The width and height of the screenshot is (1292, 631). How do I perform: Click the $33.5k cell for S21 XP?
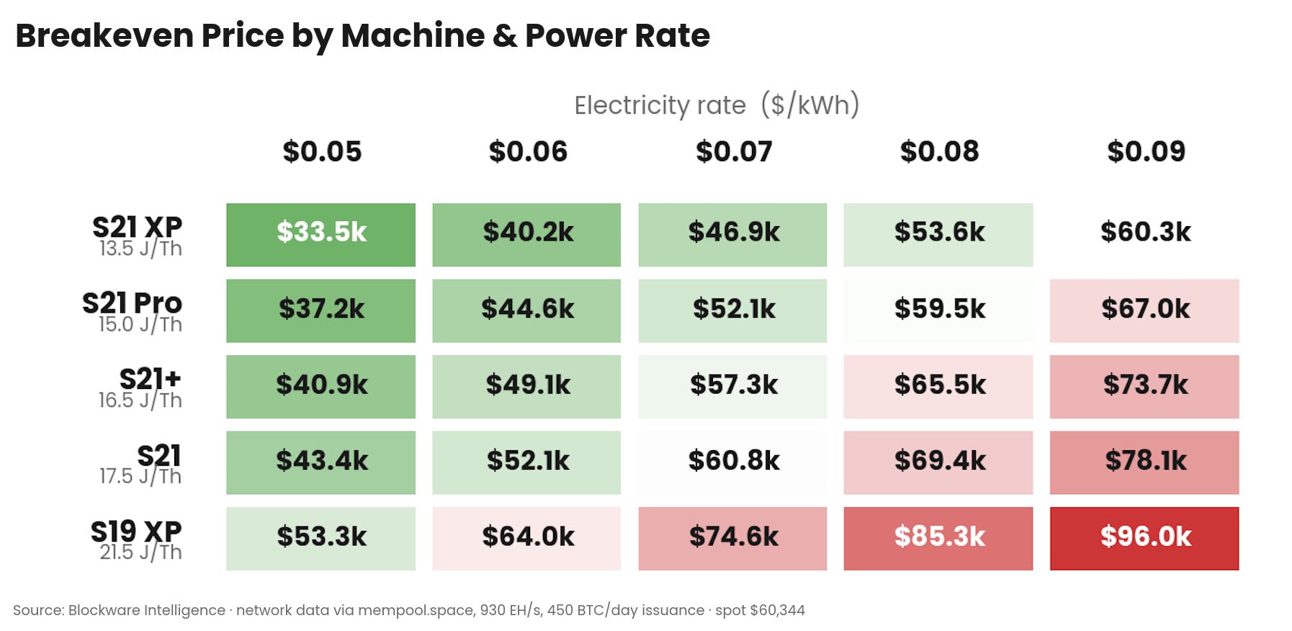(320, 235)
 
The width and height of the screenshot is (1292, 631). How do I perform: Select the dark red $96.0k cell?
(1144, 539)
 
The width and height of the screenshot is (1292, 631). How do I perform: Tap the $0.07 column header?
(734, 151)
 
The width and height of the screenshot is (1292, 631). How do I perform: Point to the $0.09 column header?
(1146, 151)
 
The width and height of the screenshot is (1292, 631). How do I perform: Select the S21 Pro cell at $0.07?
(732, 311)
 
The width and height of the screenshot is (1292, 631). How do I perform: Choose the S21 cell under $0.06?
(526, 462)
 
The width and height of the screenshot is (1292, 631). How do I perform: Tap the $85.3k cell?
(938, 539)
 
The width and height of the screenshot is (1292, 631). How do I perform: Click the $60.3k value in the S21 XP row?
(1146, 232)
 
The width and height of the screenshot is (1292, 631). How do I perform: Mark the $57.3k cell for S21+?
(732, 387)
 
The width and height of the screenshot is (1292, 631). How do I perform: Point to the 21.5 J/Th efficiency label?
(141, 552)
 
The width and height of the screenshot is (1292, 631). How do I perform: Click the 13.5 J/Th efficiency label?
(141, 249)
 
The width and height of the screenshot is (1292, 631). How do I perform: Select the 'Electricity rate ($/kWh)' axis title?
(717, 105)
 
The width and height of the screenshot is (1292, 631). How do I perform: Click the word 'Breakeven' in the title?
(104, 35)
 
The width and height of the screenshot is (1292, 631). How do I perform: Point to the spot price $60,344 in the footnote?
(778, 610)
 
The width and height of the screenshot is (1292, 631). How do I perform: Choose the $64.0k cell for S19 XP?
(526, 539)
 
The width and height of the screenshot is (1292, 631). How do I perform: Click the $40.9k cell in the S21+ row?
(320, 387)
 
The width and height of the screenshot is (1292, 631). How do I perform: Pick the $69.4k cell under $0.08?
(938, 462)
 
